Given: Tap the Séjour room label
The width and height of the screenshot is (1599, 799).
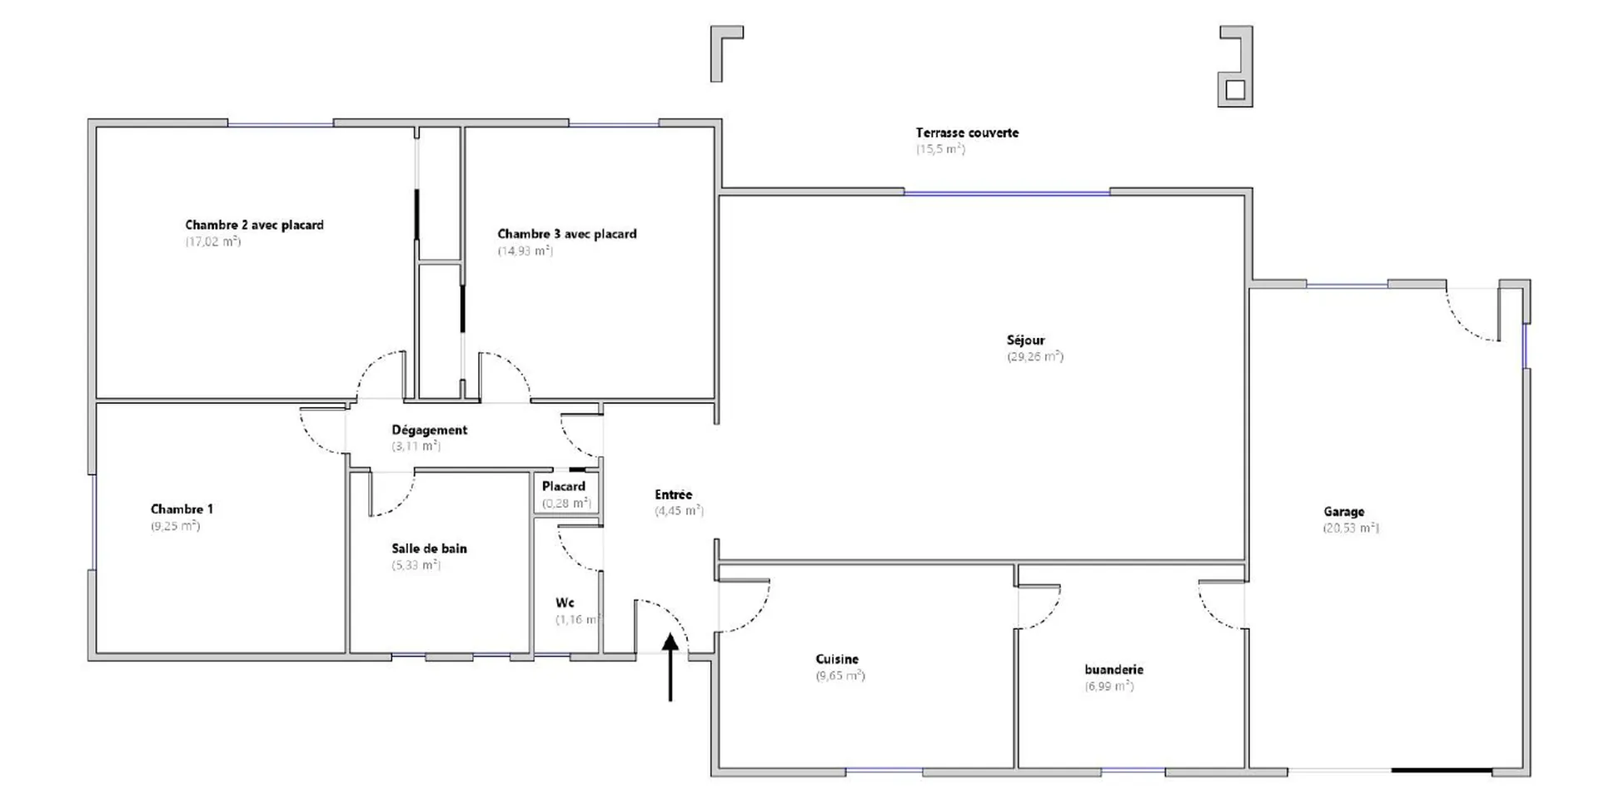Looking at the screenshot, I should (x=1025, y=340).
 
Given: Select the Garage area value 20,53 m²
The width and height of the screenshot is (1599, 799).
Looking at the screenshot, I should (x=1351, y=528).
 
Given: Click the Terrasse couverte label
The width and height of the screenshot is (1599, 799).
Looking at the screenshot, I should (x=967, y=132).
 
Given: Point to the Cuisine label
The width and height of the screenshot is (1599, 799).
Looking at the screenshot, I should (x=837, y=659).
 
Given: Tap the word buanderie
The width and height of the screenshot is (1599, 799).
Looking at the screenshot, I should (x=1113, y=669).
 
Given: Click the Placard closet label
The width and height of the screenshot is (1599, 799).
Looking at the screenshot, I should (x=564, y=486).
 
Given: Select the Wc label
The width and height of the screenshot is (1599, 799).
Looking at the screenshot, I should (x=565, y=603).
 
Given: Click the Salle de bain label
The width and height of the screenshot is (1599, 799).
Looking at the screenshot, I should (x=429, y=548).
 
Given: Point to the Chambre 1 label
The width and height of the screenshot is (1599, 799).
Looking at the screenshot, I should (x=182, y=509).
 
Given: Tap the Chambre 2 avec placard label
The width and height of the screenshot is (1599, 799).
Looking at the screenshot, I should (x=254, y=225).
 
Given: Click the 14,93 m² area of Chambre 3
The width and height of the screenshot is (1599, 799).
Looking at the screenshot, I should (x=526, y=251).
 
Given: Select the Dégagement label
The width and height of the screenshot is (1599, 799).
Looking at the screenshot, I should (x=429, y=430).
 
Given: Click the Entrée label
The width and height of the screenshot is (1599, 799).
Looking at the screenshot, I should (x=673, y=494).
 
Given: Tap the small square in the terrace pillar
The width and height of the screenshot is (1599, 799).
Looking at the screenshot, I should (x=1236, y=89).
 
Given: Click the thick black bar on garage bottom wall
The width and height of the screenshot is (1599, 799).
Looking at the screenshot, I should (x=1442, y=771).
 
